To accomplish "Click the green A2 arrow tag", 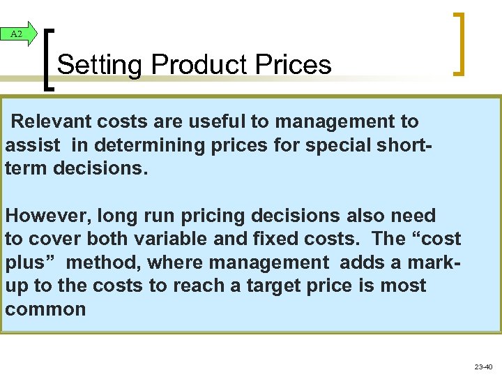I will (x=18, y=34).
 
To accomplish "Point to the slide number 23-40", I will (x=483, y=367).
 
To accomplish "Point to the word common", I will (x=45, y=310).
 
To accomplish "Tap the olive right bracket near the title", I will (x=459, y=43).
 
